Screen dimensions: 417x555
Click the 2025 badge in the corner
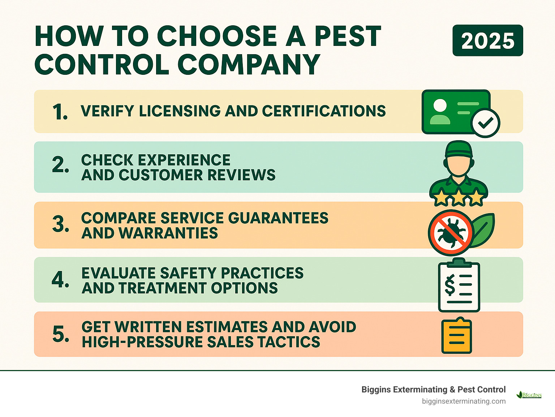pos(487,40)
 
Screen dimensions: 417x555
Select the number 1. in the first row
pos(60,112)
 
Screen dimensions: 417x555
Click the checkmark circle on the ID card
pos(486,123)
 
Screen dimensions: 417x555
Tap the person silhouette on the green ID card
pos(440,112)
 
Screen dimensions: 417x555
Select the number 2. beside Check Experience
pos(60,165)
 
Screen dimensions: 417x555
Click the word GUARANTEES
pos(278,218)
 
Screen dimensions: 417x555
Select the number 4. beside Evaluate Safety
pos(60,279)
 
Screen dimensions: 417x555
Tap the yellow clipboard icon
pos(457,336)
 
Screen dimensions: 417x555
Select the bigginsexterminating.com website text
pos(464,401)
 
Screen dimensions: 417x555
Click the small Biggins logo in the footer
pos(529,395)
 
